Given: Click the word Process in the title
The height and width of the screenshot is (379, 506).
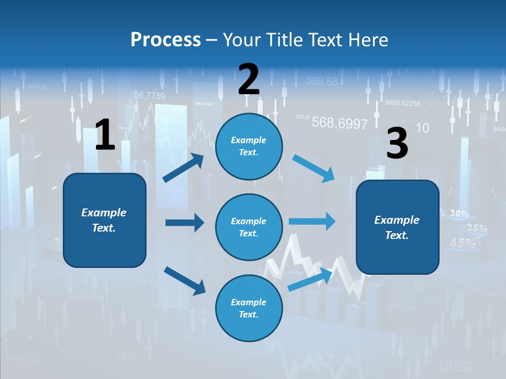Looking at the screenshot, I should [x=166, y=39].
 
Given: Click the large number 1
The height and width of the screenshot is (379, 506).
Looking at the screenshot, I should [x=105, y=135].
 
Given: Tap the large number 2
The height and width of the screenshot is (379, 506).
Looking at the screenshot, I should [x=249, y=79].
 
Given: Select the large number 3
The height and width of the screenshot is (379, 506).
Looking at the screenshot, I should [x=397, y=144].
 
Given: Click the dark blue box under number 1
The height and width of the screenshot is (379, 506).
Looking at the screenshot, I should [x=104, y=220].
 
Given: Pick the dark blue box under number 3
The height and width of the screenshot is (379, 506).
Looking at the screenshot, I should [x=397, y=227].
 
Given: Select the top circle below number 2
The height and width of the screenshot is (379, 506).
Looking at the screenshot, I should [x=249, y=146].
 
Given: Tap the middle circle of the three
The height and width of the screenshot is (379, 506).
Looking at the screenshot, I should [x=249, y=227].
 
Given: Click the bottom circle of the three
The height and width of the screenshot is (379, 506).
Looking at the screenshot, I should [x=249, y=308].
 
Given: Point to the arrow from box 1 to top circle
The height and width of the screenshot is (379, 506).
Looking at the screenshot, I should [x=184, y=167].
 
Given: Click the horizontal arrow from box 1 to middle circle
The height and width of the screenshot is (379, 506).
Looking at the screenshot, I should [x=184, y=223].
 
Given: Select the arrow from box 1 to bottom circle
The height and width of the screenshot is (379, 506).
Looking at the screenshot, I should [x=184, y=281].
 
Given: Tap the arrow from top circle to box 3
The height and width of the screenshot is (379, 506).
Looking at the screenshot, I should [x=314, y=168].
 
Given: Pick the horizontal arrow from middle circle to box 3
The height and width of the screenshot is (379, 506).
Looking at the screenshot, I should [x=312, y=221].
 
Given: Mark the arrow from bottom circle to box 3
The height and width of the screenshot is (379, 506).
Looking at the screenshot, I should [x=310, y=278].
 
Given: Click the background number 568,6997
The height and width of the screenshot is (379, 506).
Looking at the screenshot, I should [x=339, y=123].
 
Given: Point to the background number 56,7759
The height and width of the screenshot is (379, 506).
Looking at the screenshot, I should [x=150, y=96].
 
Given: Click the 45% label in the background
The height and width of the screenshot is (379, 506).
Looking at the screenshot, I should [x=463, y=243].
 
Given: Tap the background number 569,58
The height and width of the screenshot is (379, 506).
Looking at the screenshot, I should [x=322, y=81].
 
